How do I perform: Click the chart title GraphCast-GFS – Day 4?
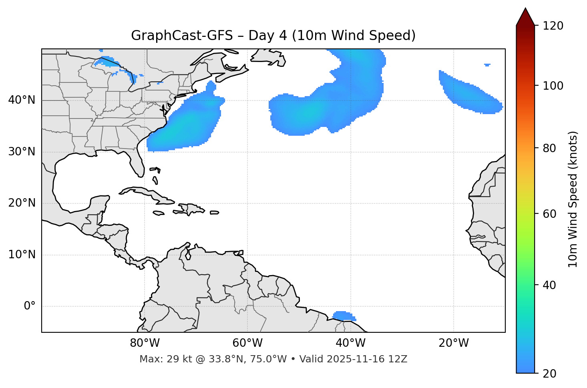273,36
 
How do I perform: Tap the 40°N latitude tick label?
22,100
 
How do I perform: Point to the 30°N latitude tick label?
22,152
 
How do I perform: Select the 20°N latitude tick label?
22,203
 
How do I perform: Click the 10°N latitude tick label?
22,255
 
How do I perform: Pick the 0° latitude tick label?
30,306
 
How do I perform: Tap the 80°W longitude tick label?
145,343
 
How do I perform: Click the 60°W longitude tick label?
247,343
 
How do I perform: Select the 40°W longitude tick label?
350,343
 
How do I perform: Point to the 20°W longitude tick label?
453,343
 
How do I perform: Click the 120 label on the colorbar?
553,26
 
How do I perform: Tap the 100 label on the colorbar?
553,86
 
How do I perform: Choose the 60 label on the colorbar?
550,214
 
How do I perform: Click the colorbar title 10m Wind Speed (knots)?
573,199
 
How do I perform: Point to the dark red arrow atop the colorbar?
525,17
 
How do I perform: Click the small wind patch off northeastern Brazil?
343,316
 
